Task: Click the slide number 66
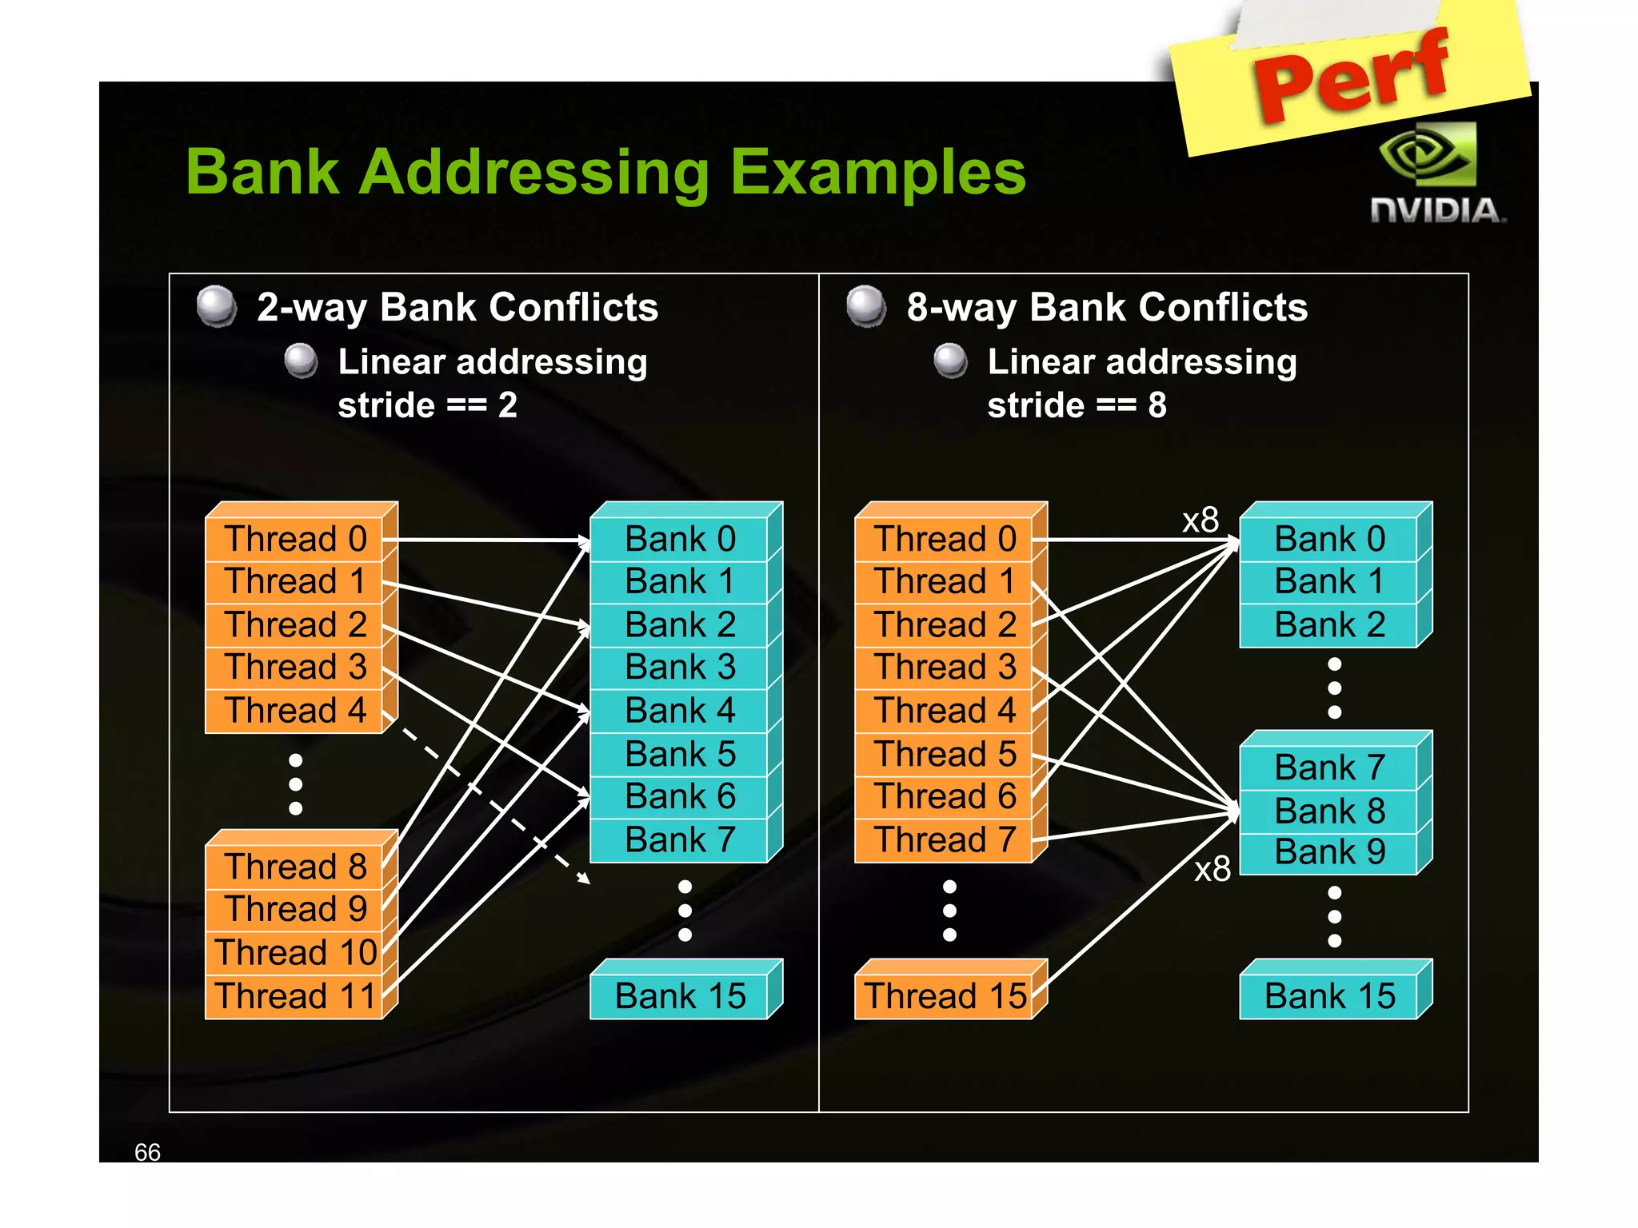pos(147,1152)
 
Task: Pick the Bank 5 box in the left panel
pos(679,754)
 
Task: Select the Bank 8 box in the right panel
pos(1328,811)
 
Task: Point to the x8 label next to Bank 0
pos(1201,520)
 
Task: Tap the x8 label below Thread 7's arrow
pos(1212,869)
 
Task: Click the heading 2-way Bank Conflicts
pos(457,308)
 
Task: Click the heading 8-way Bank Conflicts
pos(1106,308)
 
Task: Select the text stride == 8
pos(1077,405)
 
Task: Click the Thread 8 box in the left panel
pos(294,867)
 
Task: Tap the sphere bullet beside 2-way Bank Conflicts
pos(216,306)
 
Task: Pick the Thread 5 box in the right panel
pos(945,754)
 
